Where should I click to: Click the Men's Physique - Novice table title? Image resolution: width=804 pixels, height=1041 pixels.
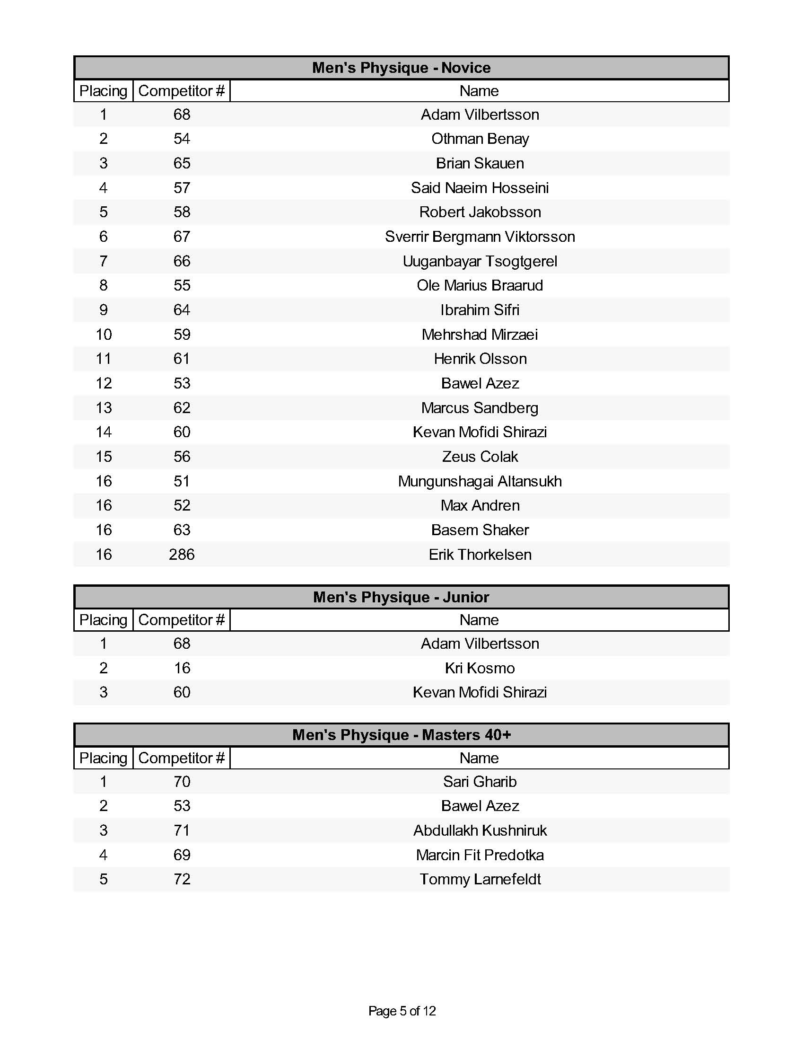(401, 68)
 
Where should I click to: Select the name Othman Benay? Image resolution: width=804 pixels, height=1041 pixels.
(480, 139)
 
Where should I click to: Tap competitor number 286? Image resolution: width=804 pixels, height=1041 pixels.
(182, 555)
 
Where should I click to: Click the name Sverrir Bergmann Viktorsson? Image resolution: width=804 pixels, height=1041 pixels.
(480, 237)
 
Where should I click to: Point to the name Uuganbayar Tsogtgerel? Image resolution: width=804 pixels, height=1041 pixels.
(480, 261)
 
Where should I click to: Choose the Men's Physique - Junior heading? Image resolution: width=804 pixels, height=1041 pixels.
(401, 597)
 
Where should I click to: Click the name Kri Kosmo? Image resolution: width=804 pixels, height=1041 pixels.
(480, 668)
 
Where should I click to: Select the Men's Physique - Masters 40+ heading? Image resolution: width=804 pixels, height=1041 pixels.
(401, 734)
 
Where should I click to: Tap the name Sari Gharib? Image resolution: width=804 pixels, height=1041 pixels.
(480, 781)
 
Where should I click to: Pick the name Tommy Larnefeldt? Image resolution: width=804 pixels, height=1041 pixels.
(480, 879)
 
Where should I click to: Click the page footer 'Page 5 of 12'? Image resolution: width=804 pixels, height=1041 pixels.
(402, 1011)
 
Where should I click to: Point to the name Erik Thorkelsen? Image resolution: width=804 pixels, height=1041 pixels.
(480, 555)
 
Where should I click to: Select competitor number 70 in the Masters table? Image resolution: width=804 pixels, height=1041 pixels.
(182, 781)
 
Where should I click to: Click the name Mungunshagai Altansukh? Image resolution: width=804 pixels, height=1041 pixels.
(480, 481)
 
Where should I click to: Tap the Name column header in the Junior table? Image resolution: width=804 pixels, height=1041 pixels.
(479, 620)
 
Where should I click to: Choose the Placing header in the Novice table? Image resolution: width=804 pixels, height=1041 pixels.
(104, 90)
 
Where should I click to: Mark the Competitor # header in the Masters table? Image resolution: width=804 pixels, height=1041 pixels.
(181, 758)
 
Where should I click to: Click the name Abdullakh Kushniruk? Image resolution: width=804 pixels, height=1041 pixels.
(480, 830)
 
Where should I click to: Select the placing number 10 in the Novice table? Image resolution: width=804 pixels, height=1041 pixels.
(104, 334)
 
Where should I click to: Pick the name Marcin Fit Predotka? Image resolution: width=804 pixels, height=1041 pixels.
(480, 855)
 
